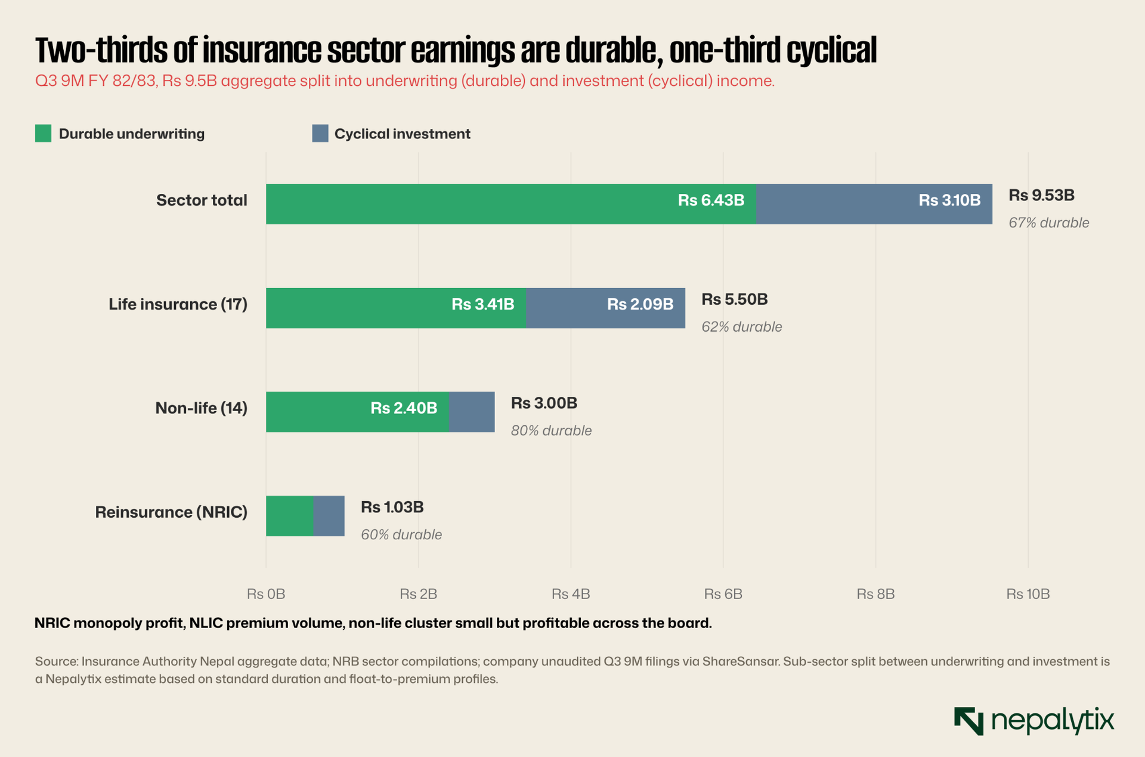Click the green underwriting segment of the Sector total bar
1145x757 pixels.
[x=511, y=204]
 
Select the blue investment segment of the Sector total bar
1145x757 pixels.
[x=874, y=204]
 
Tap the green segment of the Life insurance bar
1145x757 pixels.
[x=396, y=308]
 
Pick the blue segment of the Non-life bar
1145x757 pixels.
[x=472, y=412]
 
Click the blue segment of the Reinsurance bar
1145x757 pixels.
[x=329, y=516]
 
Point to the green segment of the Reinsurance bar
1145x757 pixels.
[x=290, y=516]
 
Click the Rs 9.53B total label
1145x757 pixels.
[x=1041, y=195]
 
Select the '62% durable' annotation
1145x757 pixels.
[x=741, y=327]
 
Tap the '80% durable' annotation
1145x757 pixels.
[x=551, y=431]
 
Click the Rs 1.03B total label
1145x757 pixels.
[x=392, y=507]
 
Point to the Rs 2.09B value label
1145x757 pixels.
[x=640, y=304]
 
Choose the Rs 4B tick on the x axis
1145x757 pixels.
[x=571, y=594]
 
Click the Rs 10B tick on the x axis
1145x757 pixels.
[x=1028, y=594]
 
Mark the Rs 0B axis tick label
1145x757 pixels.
[x=266, y=594]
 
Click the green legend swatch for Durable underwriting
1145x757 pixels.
[x=43, y=134]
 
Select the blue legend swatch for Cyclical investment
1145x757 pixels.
[x=320, y=134]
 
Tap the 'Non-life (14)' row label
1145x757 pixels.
[x=201, y=408]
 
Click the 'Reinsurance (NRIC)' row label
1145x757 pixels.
[x=171, y=512]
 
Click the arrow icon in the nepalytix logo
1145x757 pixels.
[x=968, y=721]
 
